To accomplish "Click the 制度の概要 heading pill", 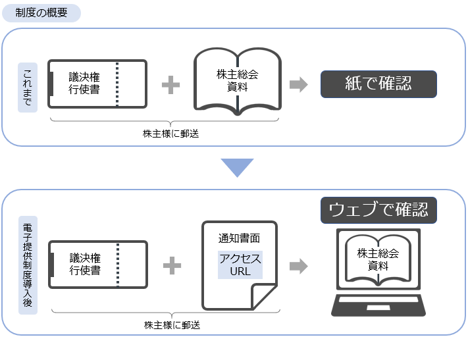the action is pyautogui.click(x=41, y=13).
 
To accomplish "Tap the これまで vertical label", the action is pyautogui.click(x=28, y=88).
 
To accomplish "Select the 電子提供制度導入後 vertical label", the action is pyautogui.click(x=28, y=265).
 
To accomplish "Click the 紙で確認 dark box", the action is pyautogui.click(x=378, y=84).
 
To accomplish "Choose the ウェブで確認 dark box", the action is pyautogui.click(x=378, y=210).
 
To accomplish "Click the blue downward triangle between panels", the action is pyautogui.click(x=237, y=168).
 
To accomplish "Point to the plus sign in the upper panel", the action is pyautogui.click(x=170, y=85).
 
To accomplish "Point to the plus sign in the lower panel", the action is pyautogui.click(x=172, y=265).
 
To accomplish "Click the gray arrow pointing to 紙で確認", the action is pyautogui.click(x=298, y=84).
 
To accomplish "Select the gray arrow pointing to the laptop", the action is pyautogui.click(x=298, y=266).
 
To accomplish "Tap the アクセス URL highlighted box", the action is pyautogui.click(x=240, y=265).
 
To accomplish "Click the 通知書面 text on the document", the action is pyautogui.click(x=239, y=238).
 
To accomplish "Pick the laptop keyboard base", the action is pyautogui.click(x=378, y=305).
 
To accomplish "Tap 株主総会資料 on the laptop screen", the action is pyautogui.click(x=378, y=259).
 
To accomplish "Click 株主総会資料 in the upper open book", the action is pyautogui.click(x=237, y=80).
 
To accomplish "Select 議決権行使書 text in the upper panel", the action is pyautogui.click(x=84, y=83).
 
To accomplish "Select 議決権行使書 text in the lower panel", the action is pyautogui.click(x=85, y=264).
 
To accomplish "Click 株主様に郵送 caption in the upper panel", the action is pyautogui.click(x=170, y=134).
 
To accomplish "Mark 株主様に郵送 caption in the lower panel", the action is pyautogui.click(x=172, y=325).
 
